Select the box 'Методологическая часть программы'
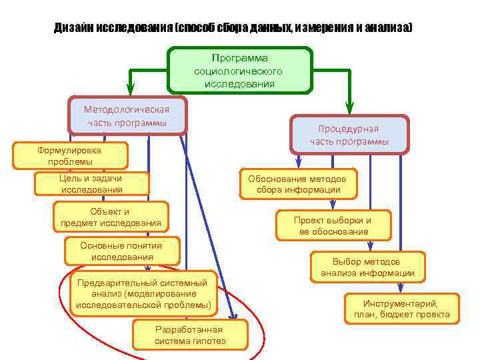127,116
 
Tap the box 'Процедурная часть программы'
348,135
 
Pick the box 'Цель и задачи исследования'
91,184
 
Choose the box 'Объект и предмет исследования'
110,217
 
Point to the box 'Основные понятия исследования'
121,251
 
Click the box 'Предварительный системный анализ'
143,294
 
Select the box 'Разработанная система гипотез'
190,335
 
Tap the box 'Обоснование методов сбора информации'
297,184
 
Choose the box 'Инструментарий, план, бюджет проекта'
401,309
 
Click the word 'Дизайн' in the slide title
74,29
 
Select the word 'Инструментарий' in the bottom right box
401,303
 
